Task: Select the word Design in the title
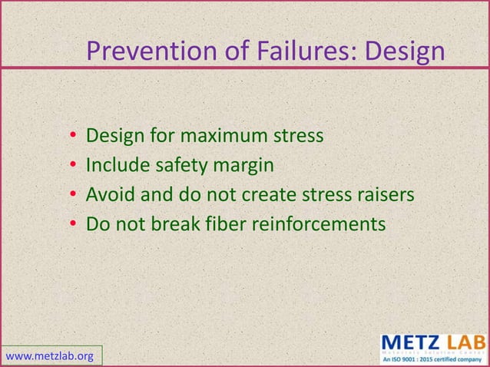[x=404, y=51]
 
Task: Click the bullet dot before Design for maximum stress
[x=71, y=137]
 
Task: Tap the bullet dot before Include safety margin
[x=71, y=167]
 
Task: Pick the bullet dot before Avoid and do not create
[x=71, y=196]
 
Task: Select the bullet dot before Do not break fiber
[x=71, y=225]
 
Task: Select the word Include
[x=114, y=166]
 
